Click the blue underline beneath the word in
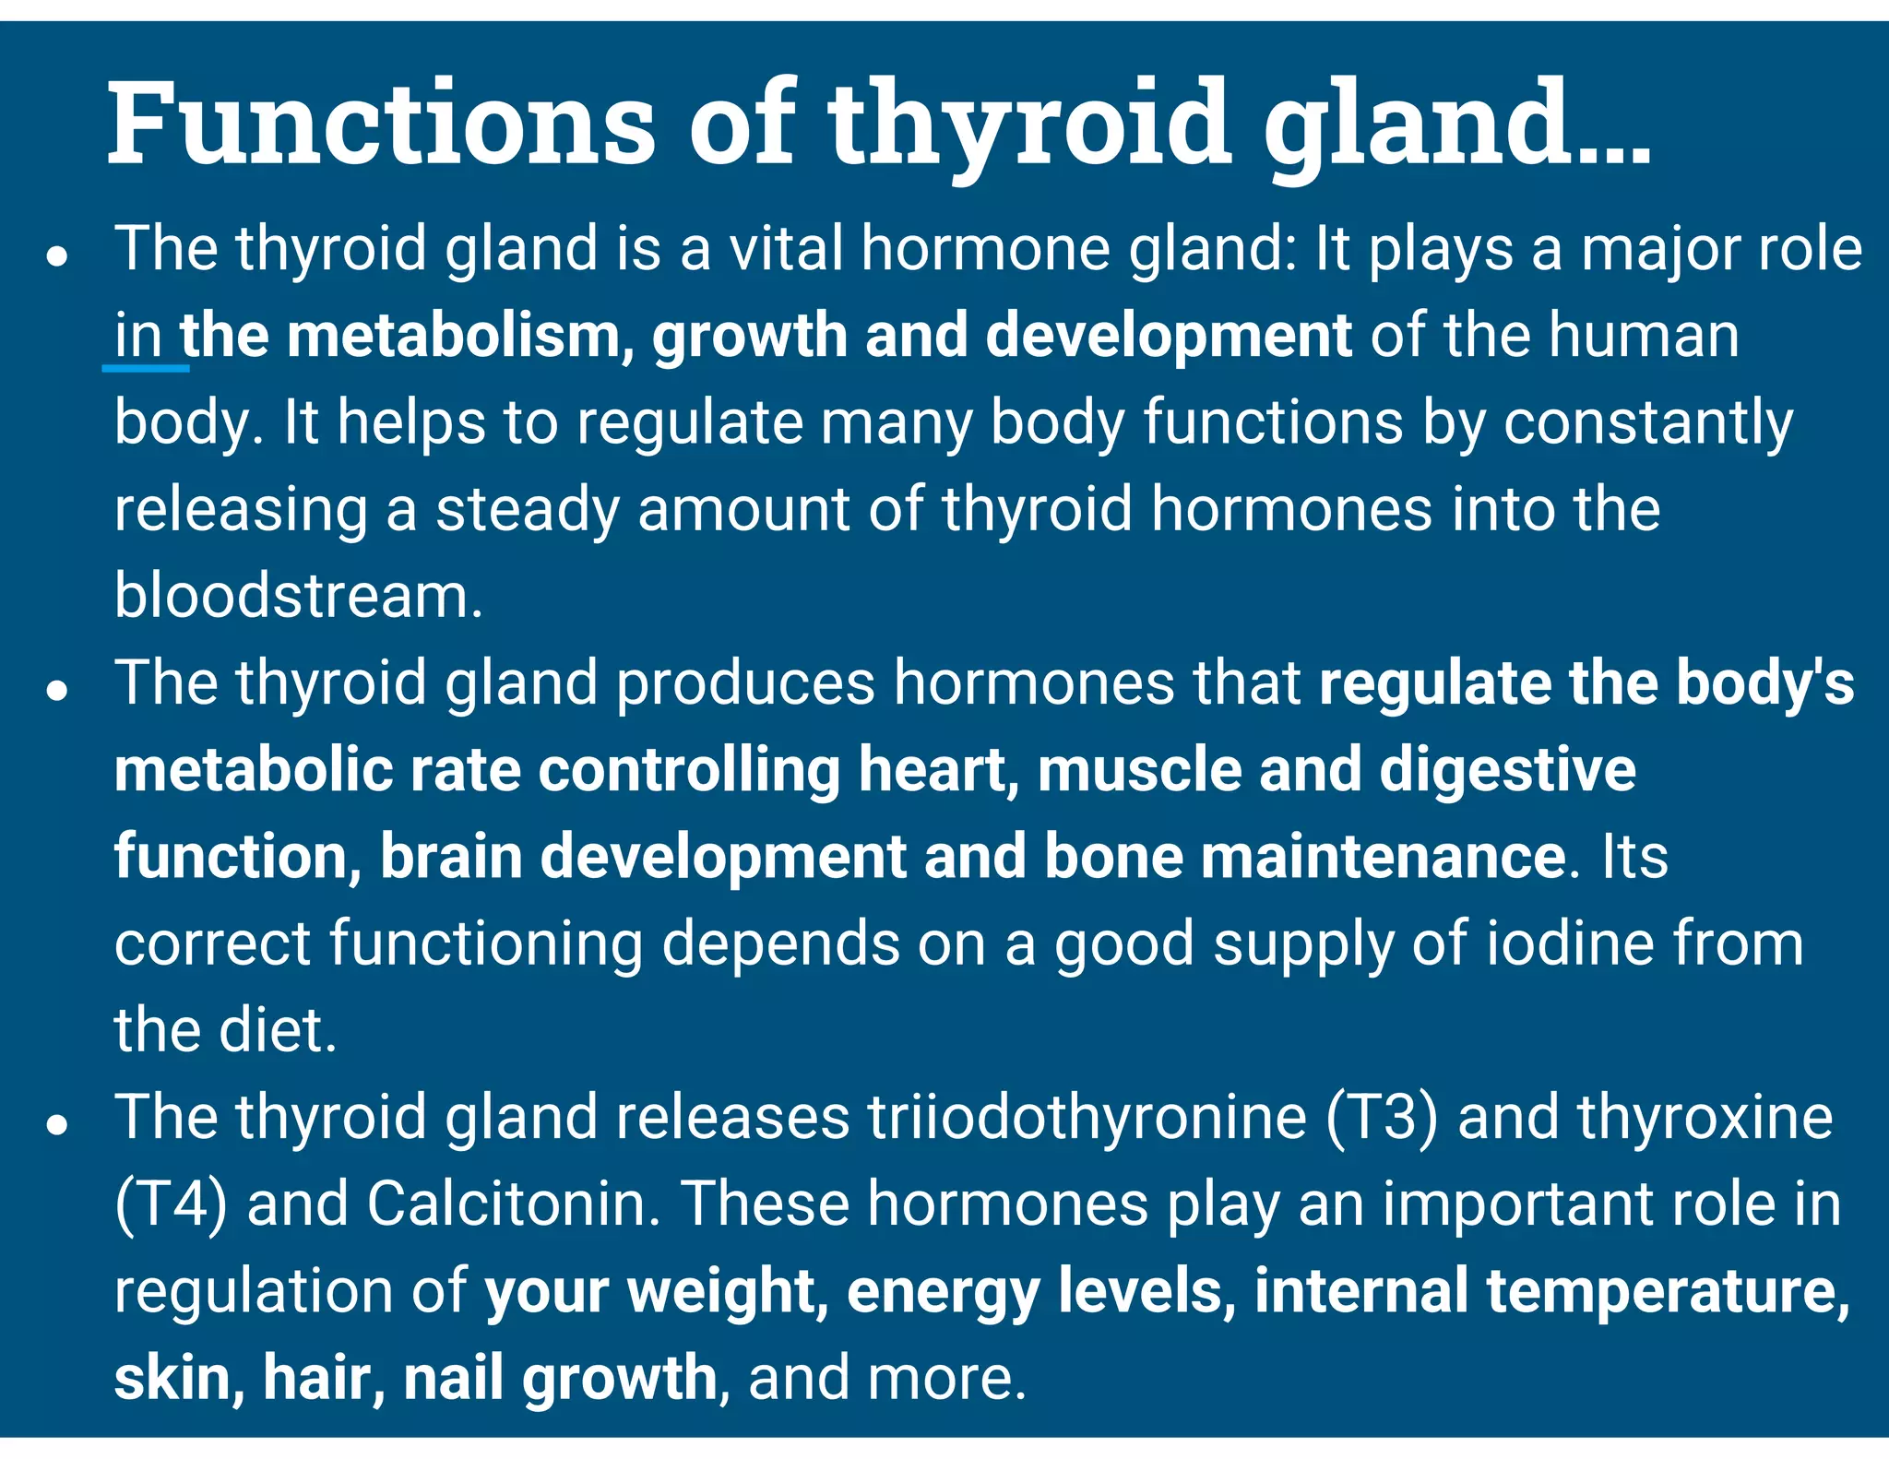[146, 368]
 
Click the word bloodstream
[298, 596]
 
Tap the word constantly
[1648, 423]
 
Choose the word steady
[527, 510]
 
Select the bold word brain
[451, 857]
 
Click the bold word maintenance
[1383, 857]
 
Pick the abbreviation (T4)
[171, 1204]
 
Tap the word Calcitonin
[514, 1204]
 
